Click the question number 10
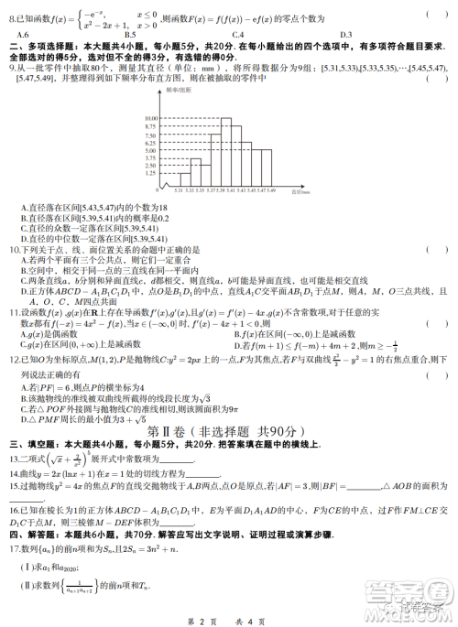pyautogui.click(x=14, y=249)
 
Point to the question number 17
pyautogui.click(x=14, y=548)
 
